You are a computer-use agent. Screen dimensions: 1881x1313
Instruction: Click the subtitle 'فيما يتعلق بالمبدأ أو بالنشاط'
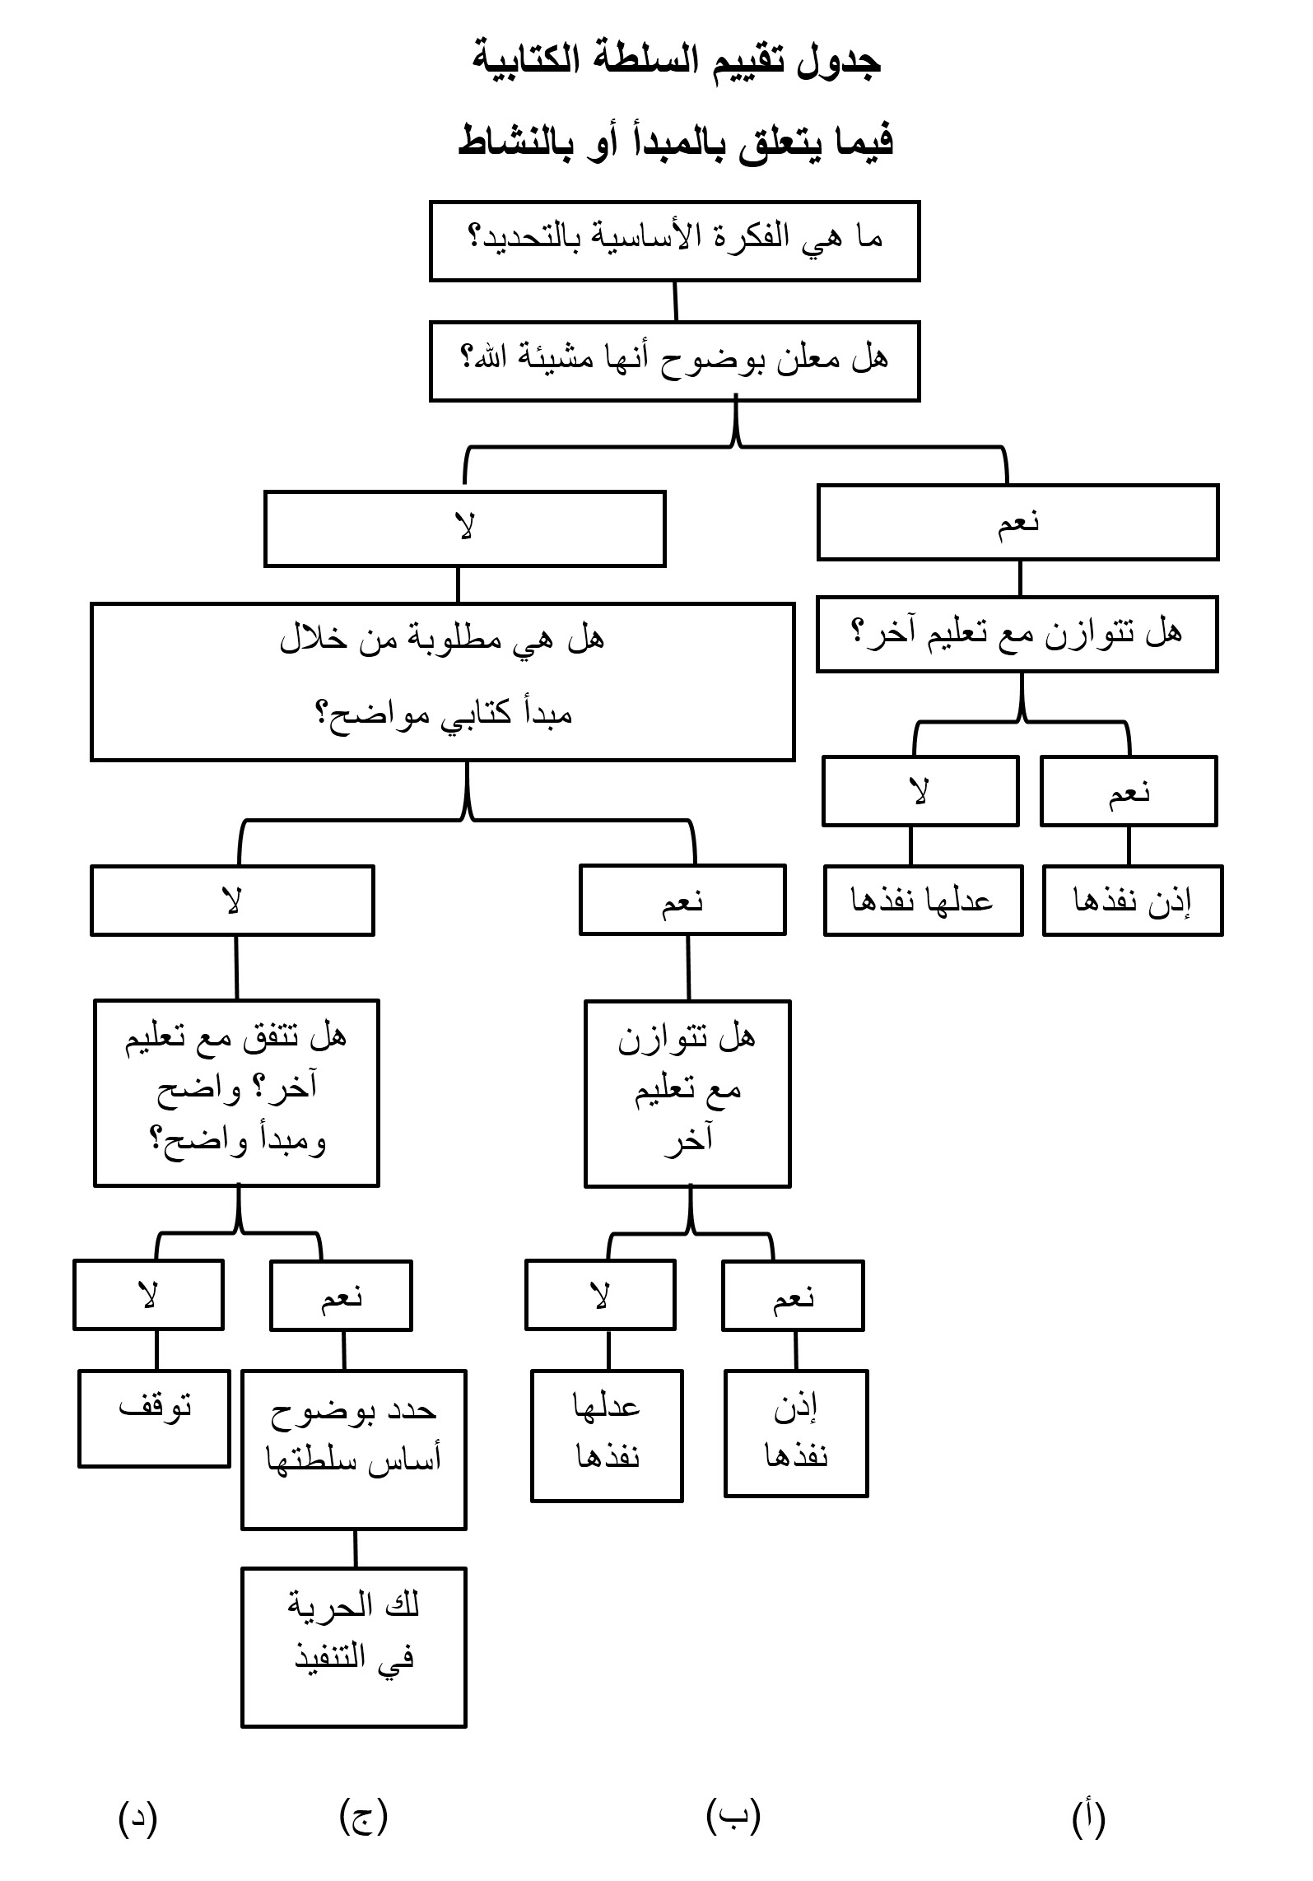pos(675,142)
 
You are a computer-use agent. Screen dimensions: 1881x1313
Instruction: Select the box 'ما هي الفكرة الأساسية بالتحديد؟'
pos(674,240)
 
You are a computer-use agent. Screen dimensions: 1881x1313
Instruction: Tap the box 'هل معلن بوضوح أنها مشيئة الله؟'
pos(674,361)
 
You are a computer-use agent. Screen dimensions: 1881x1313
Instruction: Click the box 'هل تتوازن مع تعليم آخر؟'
pos(1017,634)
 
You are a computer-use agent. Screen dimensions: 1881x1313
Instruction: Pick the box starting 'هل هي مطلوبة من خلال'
pos(442,682)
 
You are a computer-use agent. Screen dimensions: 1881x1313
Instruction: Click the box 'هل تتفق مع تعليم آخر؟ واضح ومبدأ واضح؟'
pos(236,1092)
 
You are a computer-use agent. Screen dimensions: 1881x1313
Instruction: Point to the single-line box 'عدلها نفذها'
pos(923,900)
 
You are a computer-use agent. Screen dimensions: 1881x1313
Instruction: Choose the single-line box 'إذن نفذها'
pos(1133,900)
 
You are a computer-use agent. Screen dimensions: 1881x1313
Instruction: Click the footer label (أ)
pos(1088,1817)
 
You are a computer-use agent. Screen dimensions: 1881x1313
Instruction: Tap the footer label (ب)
pos(733,1815)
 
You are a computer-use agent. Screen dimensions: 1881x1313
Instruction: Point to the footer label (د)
pos(137,1817)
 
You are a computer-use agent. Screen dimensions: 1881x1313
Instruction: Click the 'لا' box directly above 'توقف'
pos(148,1294)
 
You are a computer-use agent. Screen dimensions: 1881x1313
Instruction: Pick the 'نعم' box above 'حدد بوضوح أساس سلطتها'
pos(341,1295)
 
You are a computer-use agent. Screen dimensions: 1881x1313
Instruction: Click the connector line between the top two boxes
pos(676,301)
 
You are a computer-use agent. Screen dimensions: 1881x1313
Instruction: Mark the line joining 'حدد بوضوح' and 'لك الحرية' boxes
pos(356,1548)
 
